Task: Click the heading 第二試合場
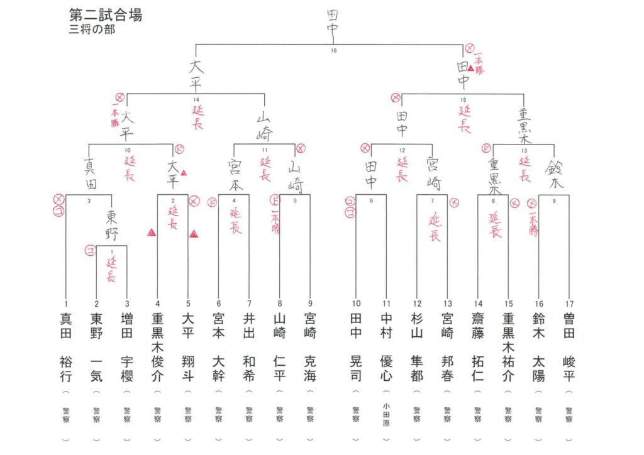pyautogui.click(x=105, y=15)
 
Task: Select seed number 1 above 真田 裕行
pyautogui.click(x=66, y=304)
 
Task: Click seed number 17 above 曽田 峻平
pyautogui.click(x=569, y=304)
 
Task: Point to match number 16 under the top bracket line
pyautogui.click(x=333, y=51)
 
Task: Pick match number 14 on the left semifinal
pyautogui.click(x=196, y=100)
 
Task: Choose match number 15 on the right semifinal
pyautogui.click(x=463, y=100)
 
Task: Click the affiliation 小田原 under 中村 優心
pyautogui.click(x=386, y=415)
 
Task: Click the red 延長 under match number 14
pyautogui.click(x=196, y=118)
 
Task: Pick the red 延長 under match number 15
pyautogui.click(x=464, y=118)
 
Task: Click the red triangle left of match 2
pyautogui.click(x=151, y=233)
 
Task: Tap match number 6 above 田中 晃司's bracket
pyautogui.click(x=371, y=200)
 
